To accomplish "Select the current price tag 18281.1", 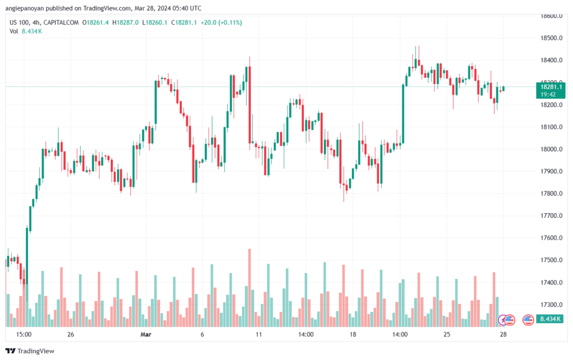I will (549, 87).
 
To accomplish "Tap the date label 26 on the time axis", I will (71, 335).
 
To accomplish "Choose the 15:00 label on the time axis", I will (24, 335).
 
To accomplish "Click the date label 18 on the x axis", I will (353, 335).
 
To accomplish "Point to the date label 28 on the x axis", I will (503, 335).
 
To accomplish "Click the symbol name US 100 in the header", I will (20, 22).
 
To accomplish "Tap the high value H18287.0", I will (126, 22).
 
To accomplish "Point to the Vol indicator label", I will (14, 31).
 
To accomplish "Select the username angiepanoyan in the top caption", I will (29, 8).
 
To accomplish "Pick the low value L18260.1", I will (156, 22).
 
